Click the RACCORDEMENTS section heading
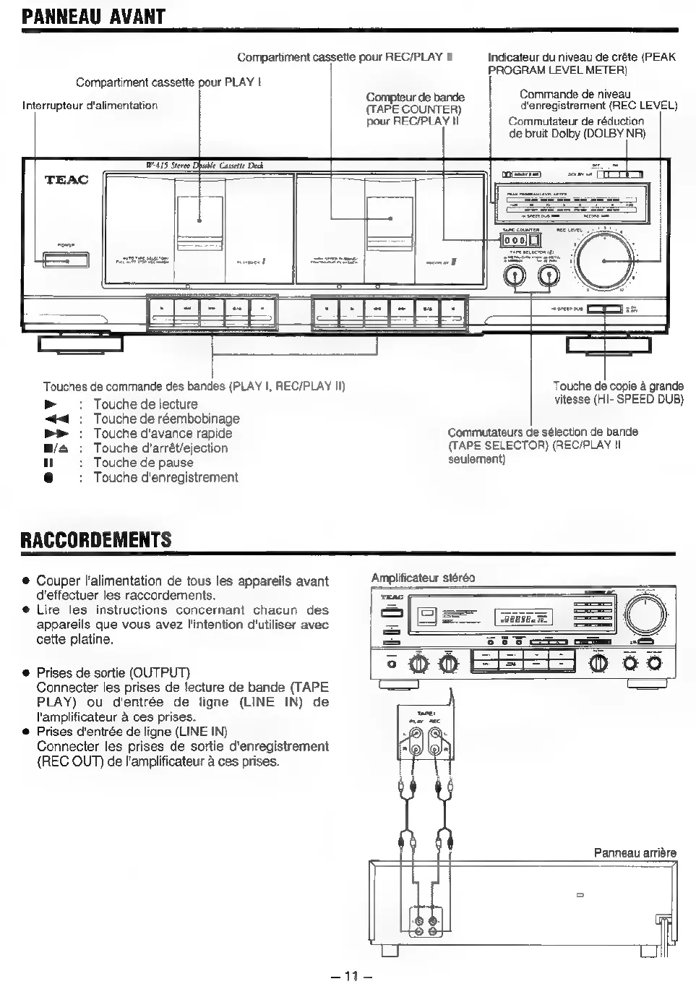click(x=96, y=540)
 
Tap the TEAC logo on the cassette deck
click(x=66, y=179)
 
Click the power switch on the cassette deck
click(x=65, y=260)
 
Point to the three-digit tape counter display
click(x=515, y=241)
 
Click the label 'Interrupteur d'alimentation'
click(x=90, y=106)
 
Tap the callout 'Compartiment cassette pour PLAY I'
click(x=168, y=82)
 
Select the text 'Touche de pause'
click(x=143, y=463)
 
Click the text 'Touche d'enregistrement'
click(x=166, y=477)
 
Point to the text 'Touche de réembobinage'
click(x=166, y=419)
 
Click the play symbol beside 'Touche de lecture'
click(x=50, y=404)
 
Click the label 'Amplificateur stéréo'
click(x=423, y=578)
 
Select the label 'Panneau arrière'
click(x=635, y=852)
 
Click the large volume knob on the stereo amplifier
click(x=645, y=617)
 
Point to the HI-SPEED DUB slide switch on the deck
click(x=604, y=309)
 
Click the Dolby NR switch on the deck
click(x=622, y=174)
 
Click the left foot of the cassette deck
click(x=81, y=344)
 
